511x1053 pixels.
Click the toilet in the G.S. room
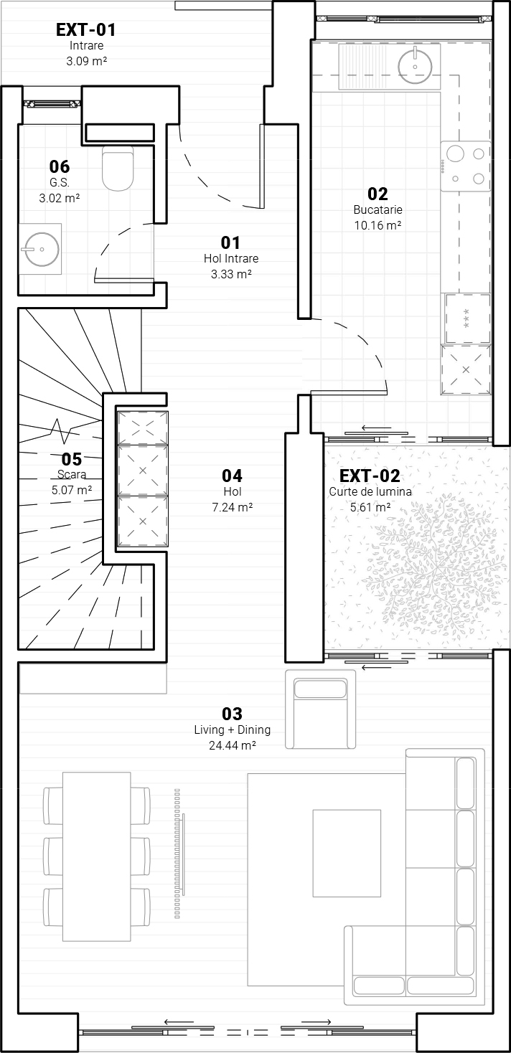click(118, 168)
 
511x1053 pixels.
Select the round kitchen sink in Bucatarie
click(415, 67)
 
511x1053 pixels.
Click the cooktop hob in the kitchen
click(465, 166)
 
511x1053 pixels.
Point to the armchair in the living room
click(320, 709)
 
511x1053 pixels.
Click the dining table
click(96, 856)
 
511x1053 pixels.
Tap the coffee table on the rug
click(347, 853)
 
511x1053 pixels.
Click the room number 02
click(378, 194)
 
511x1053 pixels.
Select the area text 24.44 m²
click(233, 745)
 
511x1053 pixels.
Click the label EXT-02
click(370, 476)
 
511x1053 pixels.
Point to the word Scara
click(72, 474)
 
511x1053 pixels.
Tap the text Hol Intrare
click(231, 258)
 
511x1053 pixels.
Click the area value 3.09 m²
click(87, 61)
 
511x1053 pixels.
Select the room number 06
click(60, 166)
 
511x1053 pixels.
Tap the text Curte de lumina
click(370, 492)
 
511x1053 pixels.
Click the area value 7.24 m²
click(233, 507)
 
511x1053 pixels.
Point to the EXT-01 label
click(85, 29)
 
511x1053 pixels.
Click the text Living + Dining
click(233, 729)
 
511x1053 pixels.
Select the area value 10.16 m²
click(378, 225)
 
